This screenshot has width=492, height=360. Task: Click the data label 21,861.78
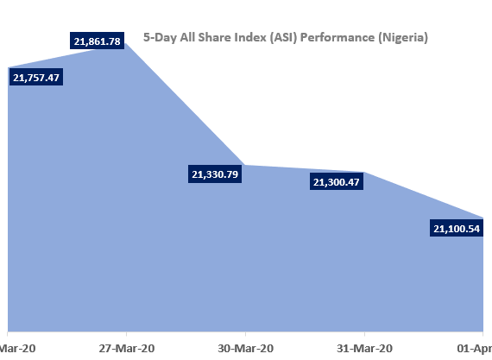pos(98,41)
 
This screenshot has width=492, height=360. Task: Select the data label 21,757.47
pos(42,78)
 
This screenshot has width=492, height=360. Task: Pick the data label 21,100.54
pos(455,229)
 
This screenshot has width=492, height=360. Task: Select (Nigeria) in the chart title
pos(401,38)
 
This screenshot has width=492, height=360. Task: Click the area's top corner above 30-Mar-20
pos(245,165)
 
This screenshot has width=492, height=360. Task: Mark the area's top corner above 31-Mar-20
pos(364,172)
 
